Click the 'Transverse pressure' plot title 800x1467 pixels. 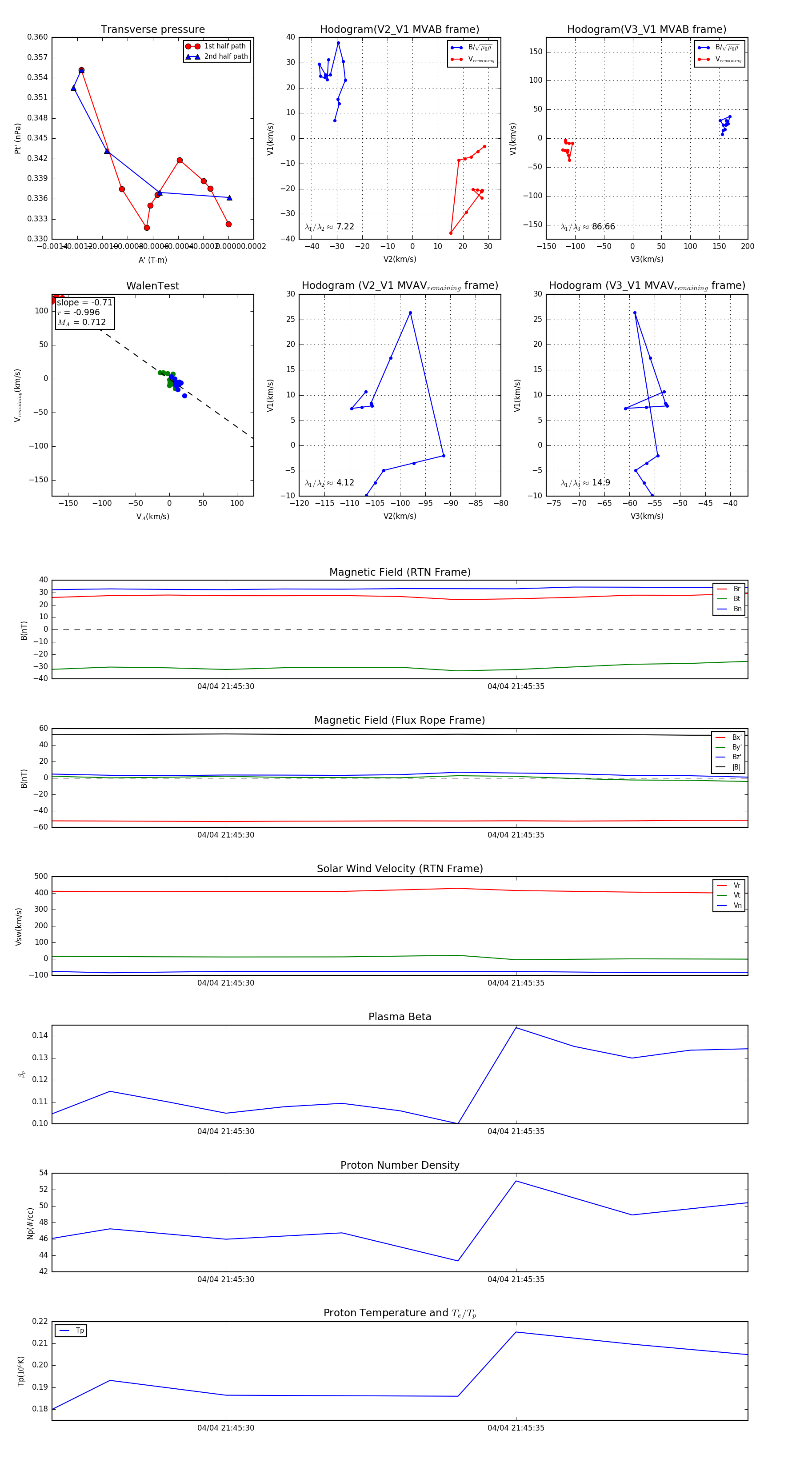(152, 30)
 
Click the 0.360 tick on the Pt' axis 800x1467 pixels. (38, 37)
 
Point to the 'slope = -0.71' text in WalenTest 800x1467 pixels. (84, 302)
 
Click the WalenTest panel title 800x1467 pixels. (152, 286)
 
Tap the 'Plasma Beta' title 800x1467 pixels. (400, 1017)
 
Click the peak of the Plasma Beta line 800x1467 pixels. (516, 1027)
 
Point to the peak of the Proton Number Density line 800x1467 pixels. (516, 1181)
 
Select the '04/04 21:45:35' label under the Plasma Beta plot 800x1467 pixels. (516, 1131)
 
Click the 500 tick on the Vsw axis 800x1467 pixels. (41, 877)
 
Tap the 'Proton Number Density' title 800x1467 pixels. (400, 1165)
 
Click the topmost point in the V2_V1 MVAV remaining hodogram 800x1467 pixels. (410, 313)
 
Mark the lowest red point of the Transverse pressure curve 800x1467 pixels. (147, 228)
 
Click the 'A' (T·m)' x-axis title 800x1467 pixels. (152, 260)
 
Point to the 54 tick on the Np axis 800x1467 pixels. (43, 1173)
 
